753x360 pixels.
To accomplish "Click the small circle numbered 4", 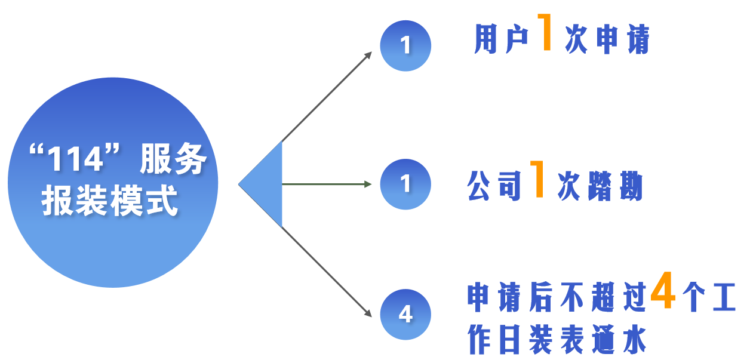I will point(405,314).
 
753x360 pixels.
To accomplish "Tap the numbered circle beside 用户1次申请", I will point(405,45).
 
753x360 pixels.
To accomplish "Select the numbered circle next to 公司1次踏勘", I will point(405,184).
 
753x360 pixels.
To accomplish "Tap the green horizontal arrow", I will point(327,184).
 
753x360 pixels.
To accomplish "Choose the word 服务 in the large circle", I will point(173,161).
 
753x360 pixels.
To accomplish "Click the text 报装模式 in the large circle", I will point(110,201).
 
